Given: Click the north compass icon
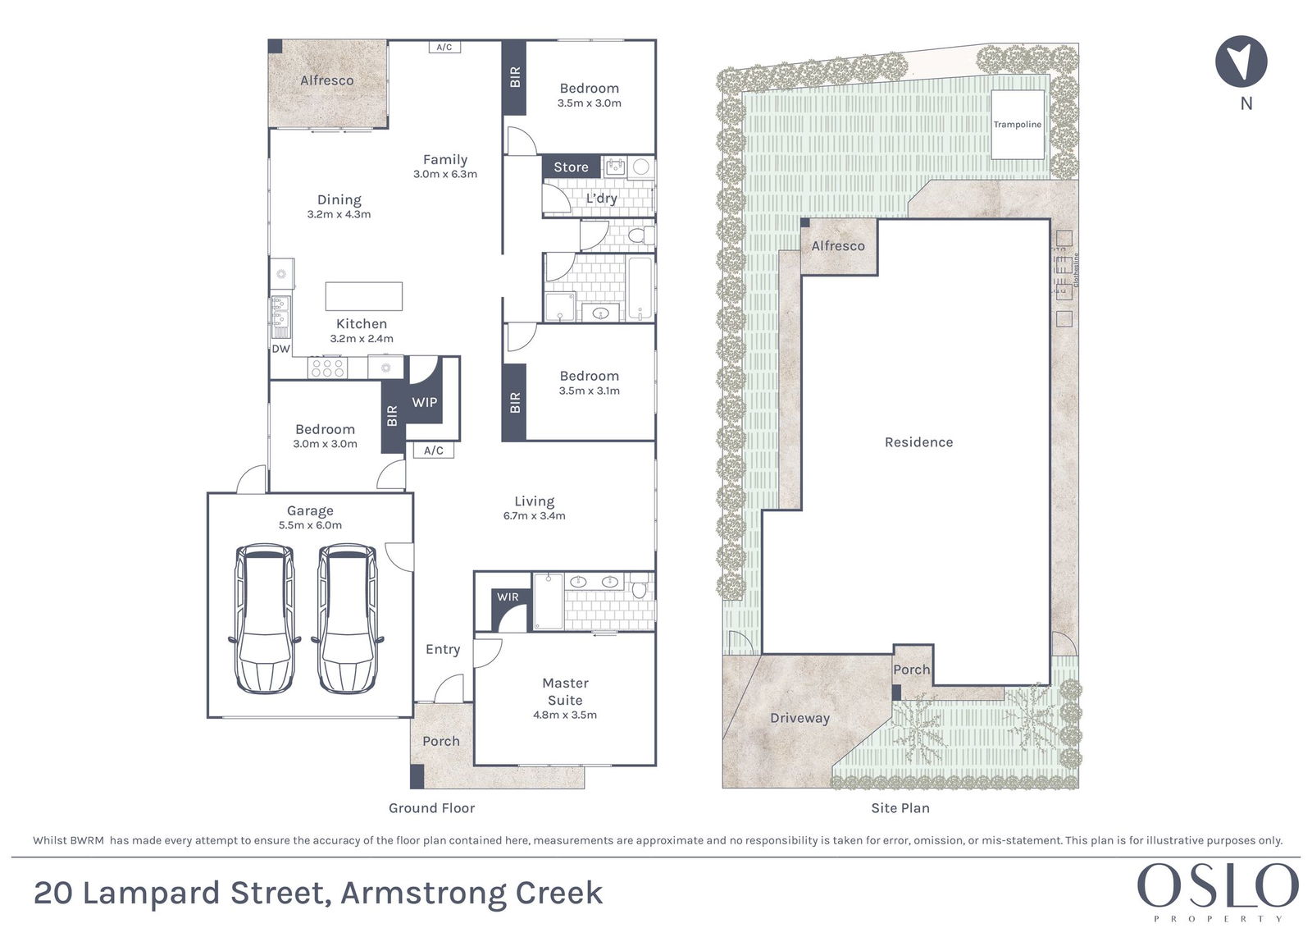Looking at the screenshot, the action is [x=1241, y=62].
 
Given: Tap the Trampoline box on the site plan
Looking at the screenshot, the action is [x=1018, y=124].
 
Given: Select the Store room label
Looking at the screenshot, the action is [x=571, y=167].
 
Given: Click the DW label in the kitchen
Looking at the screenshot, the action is [x=281, y=349].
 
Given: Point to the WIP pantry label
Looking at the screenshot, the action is [x=425, y=402].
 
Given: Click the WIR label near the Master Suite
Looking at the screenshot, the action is [x=508, y=597].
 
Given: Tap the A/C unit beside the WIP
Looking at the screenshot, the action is [x=434, y=450].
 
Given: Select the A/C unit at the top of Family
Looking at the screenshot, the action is [x=444, y=47].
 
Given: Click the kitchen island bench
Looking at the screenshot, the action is [x=364, y=296].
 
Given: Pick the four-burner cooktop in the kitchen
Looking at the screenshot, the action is [x=327, y=368].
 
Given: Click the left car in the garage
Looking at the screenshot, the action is [x=265, y=619].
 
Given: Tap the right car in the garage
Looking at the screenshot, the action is [x=347, y=619].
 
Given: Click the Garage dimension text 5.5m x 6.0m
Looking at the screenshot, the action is [x=310, y=525].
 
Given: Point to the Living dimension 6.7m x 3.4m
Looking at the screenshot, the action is [x=534, y=516].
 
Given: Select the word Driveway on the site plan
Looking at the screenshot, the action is [x=800, y=718].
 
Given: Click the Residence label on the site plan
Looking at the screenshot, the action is [x=918, y=442].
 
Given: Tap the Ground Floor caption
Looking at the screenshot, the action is [x=431, y=808].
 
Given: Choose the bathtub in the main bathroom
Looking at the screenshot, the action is [x=640, y=289].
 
